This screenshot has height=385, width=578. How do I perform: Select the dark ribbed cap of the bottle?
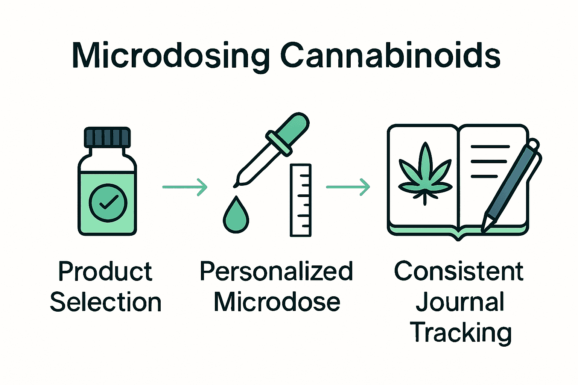pyautogui.click(x=108, y=137)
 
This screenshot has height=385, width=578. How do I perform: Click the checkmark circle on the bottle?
pyautogui.click(x=108, y=203)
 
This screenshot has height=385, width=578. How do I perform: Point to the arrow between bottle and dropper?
pyautogui.click(x=185, y=186)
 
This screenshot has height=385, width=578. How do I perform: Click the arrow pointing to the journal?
pyautogui.click(x=348, y=186)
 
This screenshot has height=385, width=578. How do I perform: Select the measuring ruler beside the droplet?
pyautogui.click(x=301, y=200)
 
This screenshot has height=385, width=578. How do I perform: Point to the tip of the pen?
pyautogui.click(x=484, y=227)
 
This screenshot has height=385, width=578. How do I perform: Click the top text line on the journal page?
pyautogui.click(x=490, y=147)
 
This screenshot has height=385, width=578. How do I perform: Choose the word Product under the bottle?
pyautogui.click(x=105, y=272)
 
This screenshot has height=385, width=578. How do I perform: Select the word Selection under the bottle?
pyautogui.click(x=106, y=302)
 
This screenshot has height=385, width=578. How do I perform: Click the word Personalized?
pyautogui.click(x=276, y=272)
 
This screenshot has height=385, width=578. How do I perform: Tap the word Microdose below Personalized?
pyautogui.click(x=277, y=302)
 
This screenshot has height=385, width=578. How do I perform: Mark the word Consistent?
pyautogui.click(x=459, y=271)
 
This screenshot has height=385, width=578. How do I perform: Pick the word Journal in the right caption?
pyautogui.click(x=460, y=302)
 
